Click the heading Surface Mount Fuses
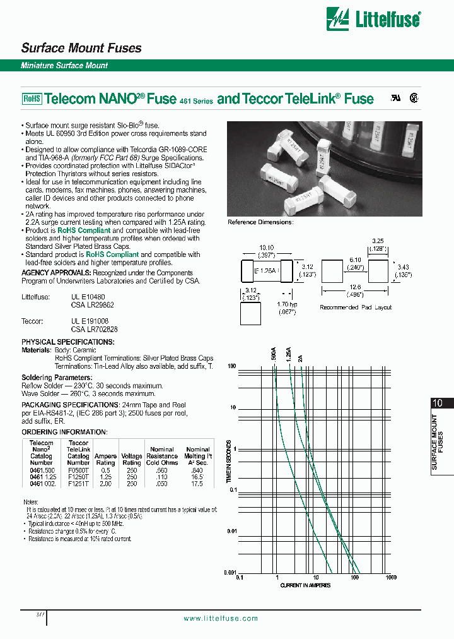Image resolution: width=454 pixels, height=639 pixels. point(81,48)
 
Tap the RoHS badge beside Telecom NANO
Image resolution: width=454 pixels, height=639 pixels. point(32,99)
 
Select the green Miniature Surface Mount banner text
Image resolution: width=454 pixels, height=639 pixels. point(64,66)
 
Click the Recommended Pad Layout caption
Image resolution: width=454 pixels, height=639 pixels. point(356,308)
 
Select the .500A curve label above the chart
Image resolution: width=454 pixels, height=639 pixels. point(274,354)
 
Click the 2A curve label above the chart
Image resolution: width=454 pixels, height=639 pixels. point(300,357)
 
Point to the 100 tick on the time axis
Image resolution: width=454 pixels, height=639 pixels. point(231,366)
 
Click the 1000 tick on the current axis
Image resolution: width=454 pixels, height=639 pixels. point(391,578)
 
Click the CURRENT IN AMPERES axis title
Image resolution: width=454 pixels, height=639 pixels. point(305,585)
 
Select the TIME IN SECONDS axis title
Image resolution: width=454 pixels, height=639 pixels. point(228,461)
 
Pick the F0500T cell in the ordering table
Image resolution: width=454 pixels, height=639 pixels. point(78,470)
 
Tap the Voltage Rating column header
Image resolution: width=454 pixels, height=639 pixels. point(132,459)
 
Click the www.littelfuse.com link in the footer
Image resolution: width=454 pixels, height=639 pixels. point(221,618)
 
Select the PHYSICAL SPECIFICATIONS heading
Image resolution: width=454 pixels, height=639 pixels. point(68,342)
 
